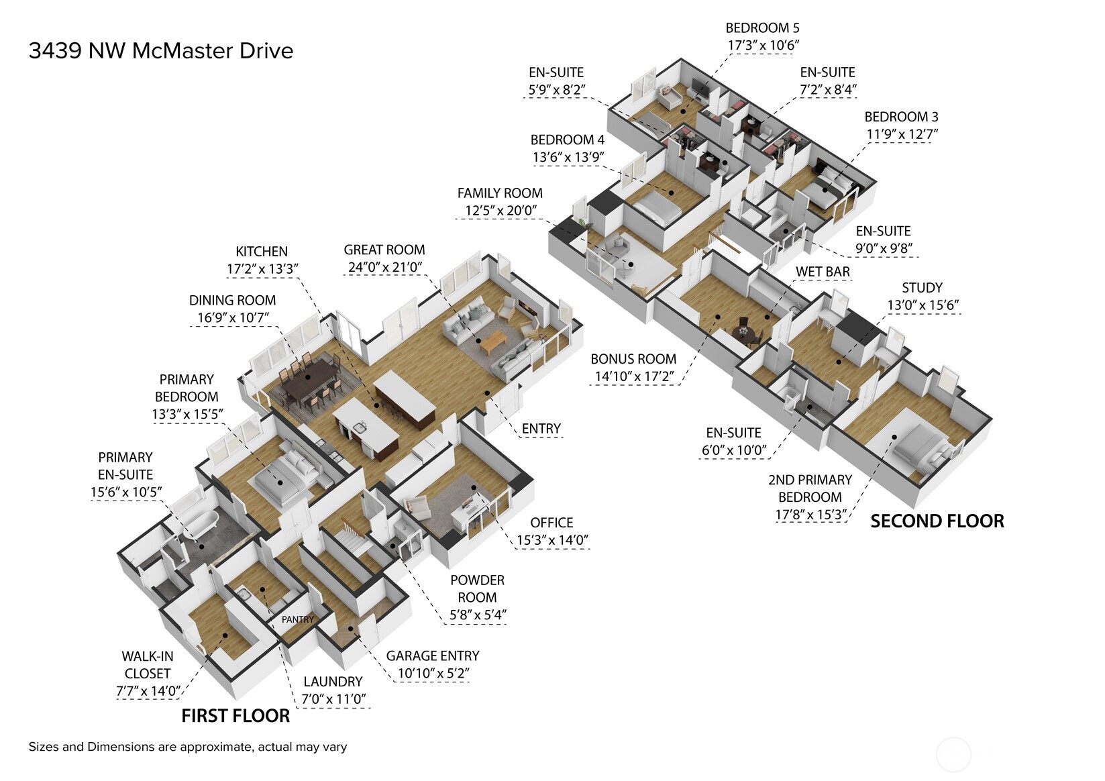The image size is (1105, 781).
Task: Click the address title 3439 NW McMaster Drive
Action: [x=160, y=51]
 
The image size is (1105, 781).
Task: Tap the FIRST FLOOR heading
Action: [x=235, y=716]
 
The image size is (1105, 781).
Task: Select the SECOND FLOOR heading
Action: [x=937, y=521]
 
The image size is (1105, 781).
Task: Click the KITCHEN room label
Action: [x=262, y=252]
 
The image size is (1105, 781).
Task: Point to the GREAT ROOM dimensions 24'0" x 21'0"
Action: [x=384, y=267]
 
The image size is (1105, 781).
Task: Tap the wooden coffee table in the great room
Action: [x=493, y=342]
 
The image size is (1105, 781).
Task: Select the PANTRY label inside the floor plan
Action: [x=297, y=619]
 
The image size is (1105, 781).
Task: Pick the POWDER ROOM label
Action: [x=477, y=588]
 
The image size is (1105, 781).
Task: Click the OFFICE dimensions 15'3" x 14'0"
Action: [x=552, y=539]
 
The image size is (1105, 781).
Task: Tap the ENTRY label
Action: [x=541, y=429]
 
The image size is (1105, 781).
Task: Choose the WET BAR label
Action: [x=823, y=272]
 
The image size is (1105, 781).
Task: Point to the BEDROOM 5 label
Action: [x=762, y=28]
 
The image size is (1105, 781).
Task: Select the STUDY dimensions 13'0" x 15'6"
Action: [x=923, y=305]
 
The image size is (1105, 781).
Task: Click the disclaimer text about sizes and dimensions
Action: [x=188, y=747]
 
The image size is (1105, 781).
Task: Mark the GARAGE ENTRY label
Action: [x=433, y=656]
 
